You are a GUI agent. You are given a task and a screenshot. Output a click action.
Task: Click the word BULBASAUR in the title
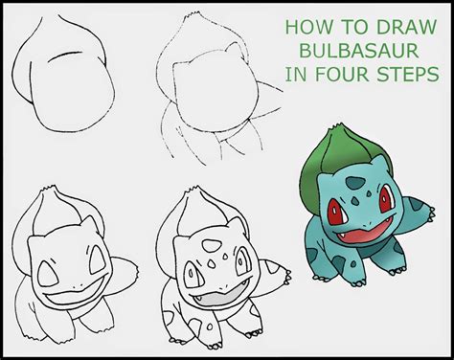[x=359, y=51]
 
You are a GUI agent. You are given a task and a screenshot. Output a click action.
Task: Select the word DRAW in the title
[x=406, y=27]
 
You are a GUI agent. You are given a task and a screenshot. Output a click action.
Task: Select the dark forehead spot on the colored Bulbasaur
[x=355, y=183]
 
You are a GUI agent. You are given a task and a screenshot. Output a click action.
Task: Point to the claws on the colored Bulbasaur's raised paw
[x=431, y=214]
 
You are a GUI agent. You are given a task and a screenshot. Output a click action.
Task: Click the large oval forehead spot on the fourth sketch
[x=212, y=246]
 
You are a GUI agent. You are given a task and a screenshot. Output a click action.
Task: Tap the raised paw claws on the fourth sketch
[x=287, y=278]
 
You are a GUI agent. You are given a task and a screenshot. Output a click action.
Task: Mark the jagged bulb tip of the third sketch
[x=49, y=189]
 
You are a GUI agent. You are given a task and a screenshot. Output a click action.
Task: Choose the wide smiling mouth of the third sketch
[x=75, y=295]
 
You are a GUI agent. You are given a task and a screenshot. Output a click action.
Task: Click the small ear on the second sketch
[x=234, y=51]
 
